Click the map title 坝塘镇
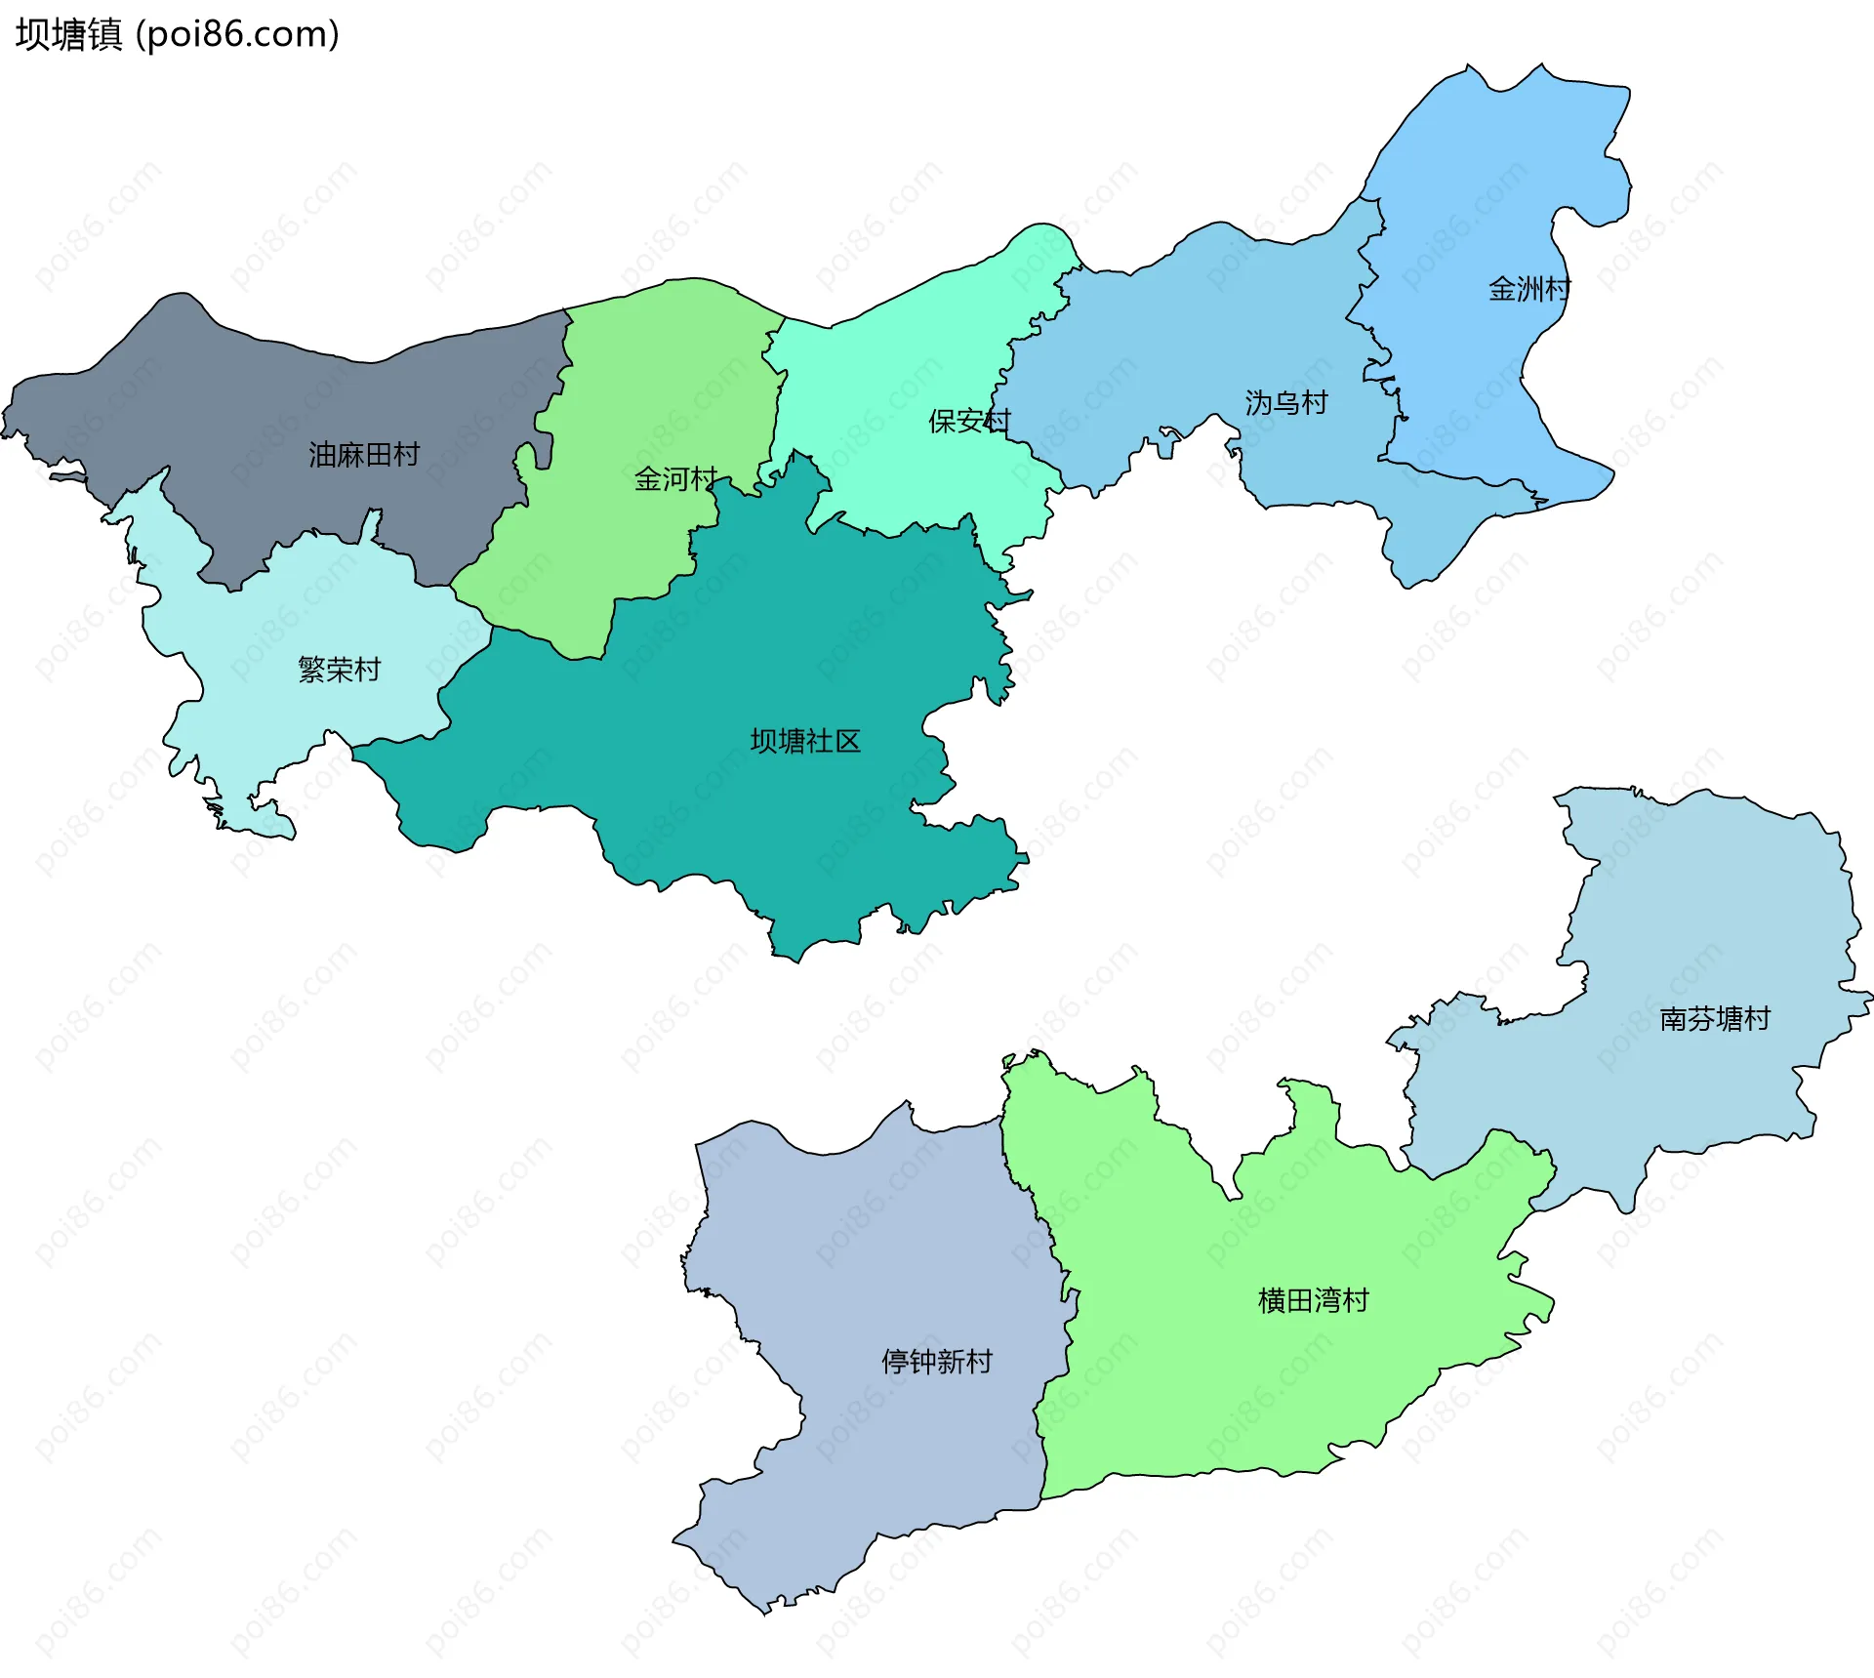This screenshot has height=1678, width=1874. click(x=68, y=35)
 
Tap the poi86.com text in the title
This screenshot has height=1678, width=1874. click(x=237, y=35)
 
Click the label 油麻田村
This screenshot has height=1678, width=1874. click(x=364, y=455)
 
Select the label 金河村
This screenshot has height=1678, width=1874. click(x=675, y=479)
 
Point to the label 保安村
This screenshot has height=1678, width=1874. click(x=969, y=422)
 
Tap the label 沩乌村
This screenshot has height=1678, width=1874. click(x=1285, y=403)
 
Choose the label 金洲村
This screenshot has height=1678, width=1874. click(x=1528, y=289)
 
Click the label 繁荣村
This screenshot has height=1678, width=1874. click(x=339, y=670)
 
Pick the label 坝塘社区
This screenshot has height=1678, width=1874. click(x=805, y=742)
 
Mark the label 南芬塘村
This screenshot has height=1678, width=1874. click(x=1715, y=1019)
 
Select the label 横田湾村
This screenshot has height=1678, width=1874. click(x=1313, y=1300)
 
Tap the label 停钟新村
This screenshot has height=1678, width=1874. click(x=936, y=1361)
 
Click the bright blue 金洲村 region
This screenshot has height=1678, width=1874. click(x=1464, y=195)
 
